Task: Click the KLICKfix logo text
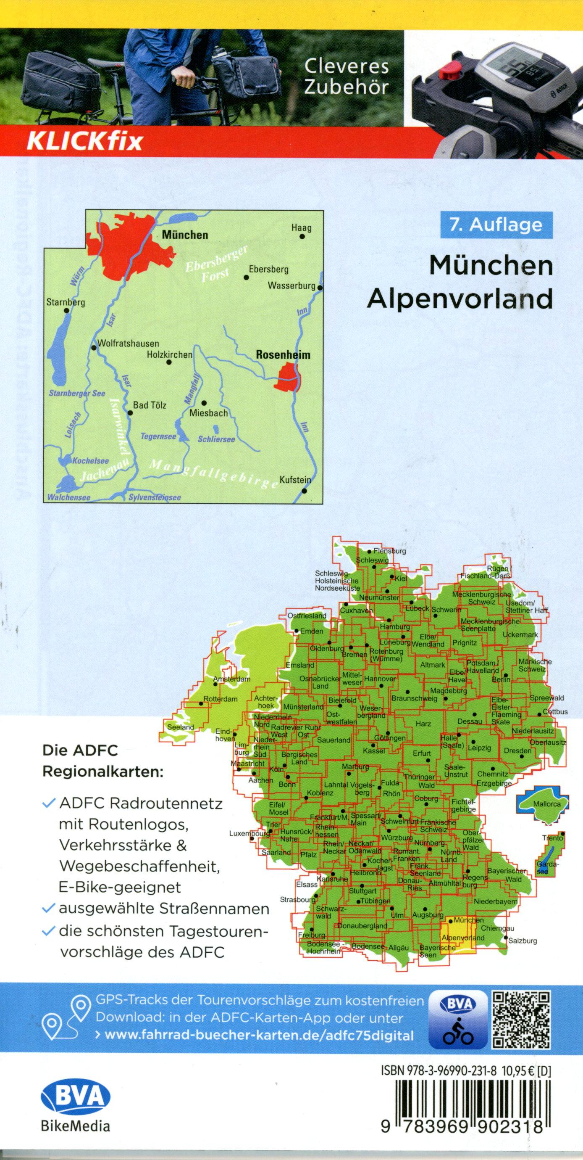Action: (x=85, y=141)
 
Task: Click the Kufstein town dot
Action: (x=305, y=490)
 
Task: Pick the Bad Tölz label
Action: (x=150, y=405)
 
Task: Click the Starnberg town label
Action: (x=66, y=302)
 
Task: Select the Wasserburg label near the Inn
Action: (x=291, y=285)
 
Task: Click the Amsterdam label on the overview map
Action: (x=232, y=679)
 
